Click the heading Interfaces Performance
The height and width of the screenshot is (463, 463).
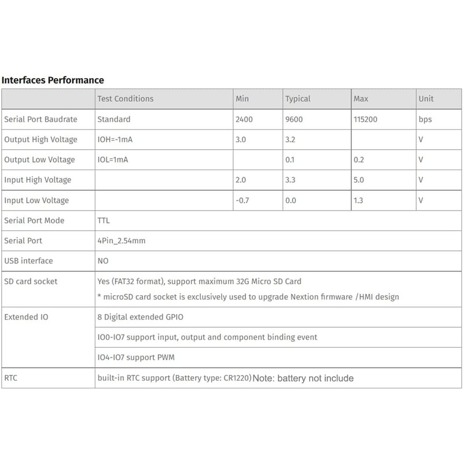point(53,80)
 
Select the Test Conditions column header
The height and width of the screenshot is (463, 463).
point(126,99)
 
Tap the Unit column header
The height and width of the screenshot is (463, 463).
point(426,99)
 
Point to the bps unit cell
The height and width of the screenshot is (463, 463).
point(425,120)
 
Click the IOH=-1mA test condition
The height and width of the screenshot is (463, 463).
point(118,139)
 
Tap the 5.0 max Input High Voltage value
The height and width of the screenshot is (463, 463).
point(359,180)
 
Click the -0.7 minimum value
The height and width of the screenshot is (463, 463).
point(243,200)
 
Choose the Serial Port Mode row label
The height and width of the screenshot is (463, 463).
point(34,221)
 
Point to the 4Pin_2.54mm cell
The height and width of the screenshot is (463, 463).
point(121,240)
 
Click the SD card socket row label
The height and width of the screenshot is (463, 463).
point(31,281)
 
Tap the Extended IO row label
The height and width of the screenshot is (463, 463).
point(26,317)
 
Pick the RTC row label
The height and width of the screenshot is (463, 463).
point(12,378)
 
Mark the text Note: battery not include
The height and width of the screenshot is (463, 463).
point(303,379)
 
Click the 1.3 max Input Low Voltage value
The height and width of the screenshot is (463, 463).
point(359,200)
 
